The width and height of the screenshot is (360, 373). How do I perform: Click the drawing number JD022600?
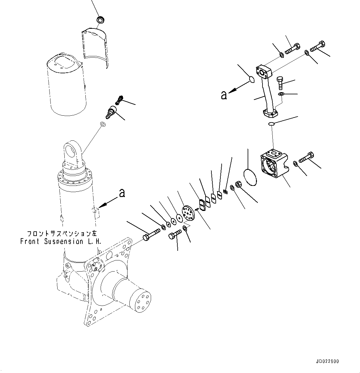click(x=327, y=361)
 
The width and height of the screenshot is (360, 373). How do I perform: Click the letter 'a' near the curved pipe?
click(x=224, y=95)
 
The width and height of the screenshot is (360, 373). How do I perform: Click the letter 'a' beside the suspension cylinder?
click(x=122, y=193)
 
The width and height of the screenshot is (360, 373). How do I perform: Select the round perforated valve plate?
click(x=188, y=214)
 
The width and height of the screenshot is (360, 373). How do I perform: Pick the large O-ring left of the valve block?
click(x=250, y=177)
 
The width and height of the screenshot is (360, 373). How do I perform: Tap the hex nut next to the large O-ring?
click(x=239, y=185)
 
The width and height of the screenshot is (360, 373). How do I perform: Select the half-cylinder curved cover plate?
click(x=96, y=46)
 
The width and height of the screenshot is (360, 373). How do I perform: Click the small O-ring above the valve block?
click(x=271, y=124)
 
